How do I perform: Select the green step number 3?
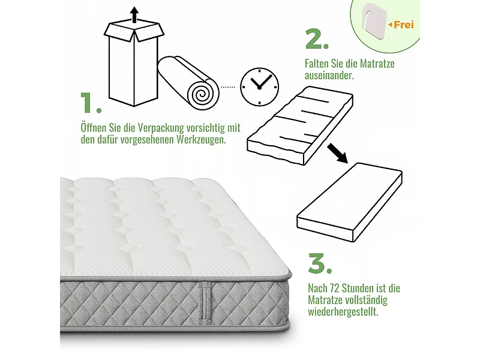(319, 263)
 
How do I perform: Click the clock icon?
(259, 87)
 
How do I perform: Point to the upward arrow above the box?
(134, 14)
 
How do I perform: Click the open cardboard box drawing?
(134, 63)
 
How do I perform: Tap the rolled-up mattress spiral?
(200, 93)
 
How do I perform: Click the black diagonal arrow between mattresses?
(338, 154)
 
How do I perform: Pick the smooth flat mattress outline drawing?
(350, 197)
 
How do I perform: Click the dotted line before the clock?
(228, 87)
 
